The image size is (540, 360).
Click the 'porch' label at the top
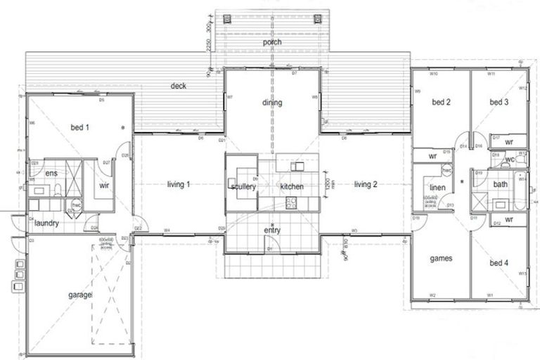272,43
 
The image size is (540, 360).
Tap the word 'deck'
178,86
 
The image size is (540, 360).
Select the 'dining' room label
272,103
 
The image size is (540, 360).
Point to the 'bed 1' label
80,127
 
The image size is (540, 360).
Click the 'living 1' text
179,184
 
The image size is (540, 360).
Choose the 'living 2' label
366,184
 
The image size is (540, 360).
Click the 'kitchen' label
291,187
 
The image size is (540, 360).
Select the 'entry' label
272,230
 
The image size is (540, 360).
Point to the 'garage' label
80,295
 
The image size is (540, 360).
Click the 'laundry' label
46,224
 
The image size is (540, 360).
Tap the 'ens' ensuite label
51,173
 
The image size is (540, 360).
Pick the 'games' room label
440,258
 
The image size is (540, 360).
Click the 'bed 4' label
499,263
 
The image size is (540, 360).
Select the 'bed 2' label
441,102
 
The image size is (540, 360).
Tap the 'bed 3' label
499,102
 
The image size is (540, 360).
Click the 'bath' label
500,184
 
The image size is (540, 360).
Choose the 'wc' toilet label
510,160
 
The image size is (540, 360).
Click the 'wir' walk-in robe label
104,186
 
